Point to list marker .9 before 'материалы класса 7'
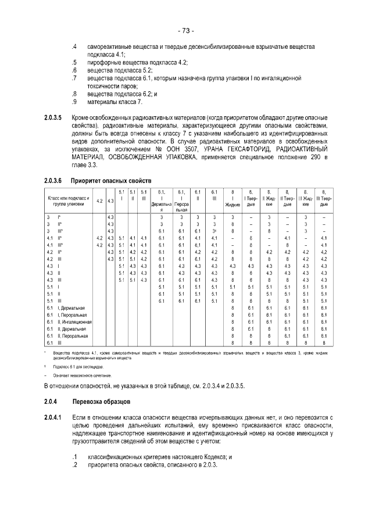click(74, 102)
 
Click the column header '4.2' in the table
click(99, 201)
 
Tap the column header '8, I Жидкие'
click(233, 201)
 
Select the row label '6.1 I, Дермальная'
click(66, 307)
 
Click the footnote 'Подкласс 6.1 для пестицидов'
click(78, 368)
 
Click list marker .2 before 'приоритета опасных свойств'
click(74, 466)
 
